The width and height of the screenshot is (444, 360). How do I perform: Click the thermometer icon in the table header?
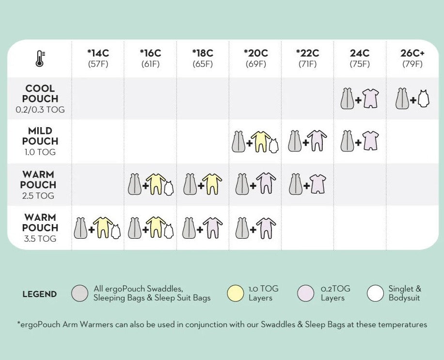(x=40, y=58)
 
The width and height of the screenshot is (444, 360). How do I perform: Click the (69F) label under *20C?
(x=255, y=64)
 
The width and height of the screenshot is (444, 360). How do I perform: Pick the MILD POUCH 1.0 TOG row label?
(x=40, y=141)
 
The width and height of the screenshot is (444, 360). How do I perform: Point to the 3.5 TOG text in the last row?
(x=40, y=239)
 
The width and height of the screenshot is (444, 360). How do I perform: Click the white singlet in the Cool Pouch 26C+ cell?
(x=423, y=99)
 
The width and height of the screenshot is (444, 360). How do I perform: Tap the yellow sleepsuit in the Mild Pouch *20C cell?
(x=260, y=141)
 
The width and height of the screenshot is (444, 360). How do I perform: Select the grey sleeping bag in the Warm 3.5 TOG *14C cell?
(x=80, y=228)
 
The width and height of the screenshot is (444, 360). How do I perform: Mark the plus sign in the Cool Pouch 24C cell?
(x=358, y=100)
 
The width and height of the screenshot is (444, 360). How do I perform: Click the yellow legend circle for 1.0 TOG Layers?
(x=235, y=294)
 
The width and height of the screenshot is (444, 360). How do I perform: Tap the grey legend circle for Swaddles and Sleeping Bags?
(x=79, y=294)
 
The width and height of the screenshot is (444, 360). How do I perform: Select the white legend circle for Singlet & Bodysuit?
(x=375, y=294)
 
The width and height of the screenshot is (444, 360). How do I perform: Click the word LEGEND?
(x=39, y=294)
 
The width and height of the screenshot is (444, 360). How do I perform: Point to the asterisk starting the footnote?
(x=18, y=324)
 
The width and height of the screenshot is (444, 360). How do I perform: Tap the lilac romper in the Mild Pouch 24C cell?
(x=370, y=141)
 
